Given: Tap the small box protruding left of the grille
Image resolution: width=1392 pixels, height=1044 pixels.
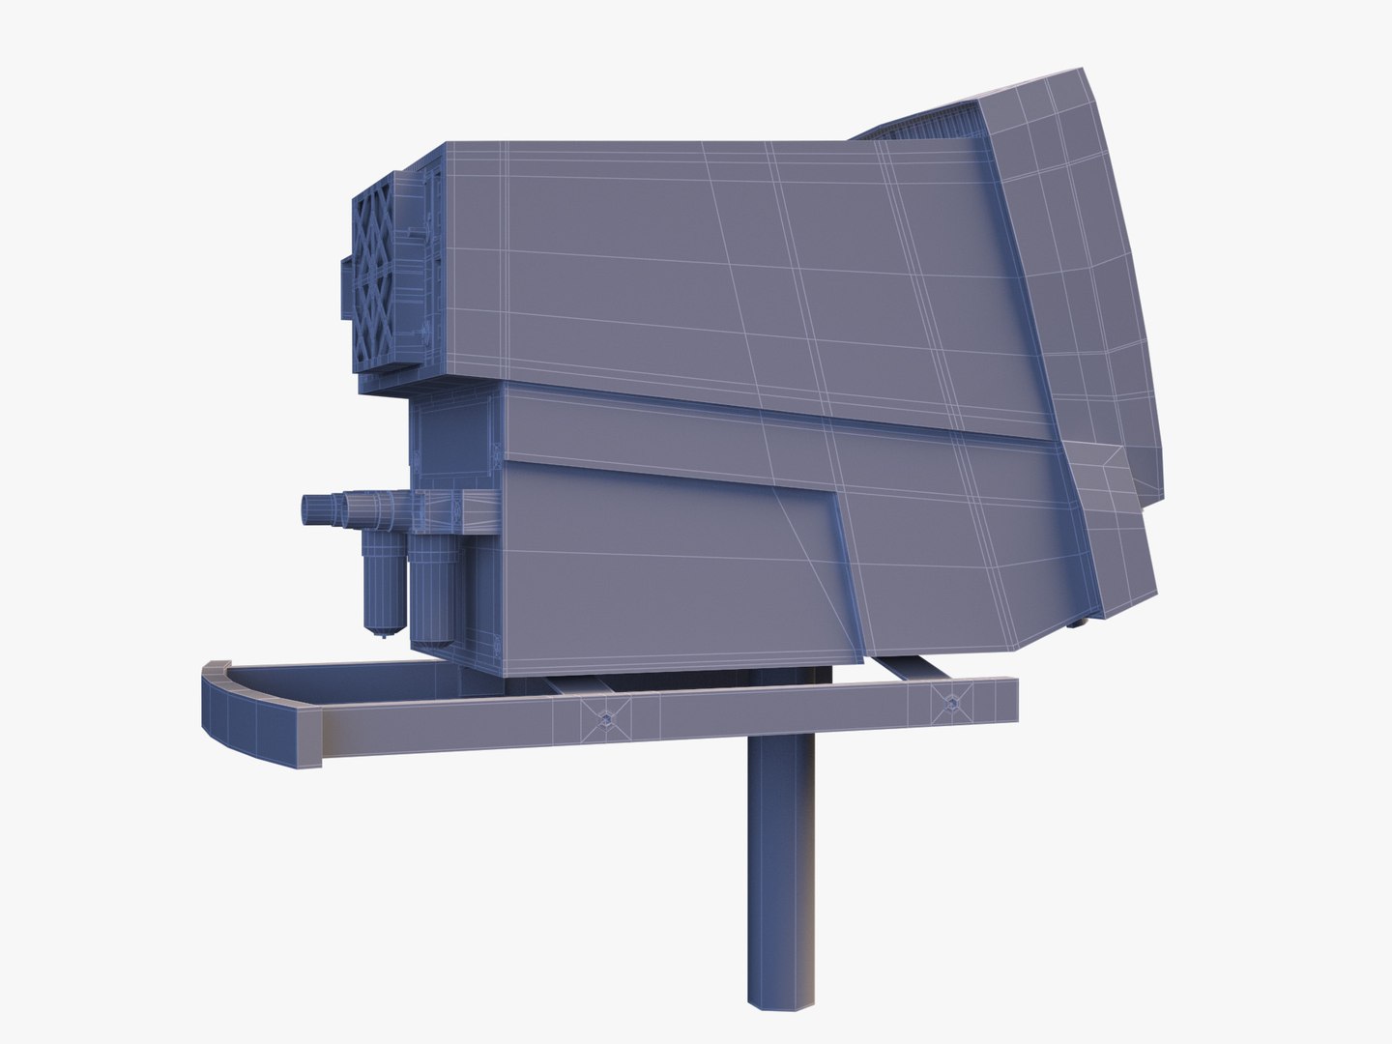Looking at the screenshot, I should (x=346, y=287).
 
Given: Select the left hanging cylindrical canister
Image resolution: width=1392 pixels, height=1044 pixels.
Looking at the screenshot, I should (x=384, y=579).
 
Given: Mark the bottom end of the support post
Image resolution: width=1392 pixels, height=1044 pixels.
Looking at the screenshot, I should (x=779, y=1001).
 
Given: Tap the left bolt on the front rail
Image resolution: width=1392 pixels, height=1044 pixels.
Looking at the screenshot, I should (x=605, y=717).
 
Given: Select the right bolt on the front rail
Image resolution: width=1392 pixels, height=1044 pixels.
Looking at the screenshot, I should (x=949, y=703).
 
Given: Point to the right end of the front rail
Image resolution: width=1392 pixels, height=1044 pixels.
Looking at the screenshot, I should (x=1011, y=700).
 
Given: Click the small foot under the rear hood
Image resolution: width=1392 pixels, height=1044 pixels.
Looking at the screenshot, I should (x=1076, y=623).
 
